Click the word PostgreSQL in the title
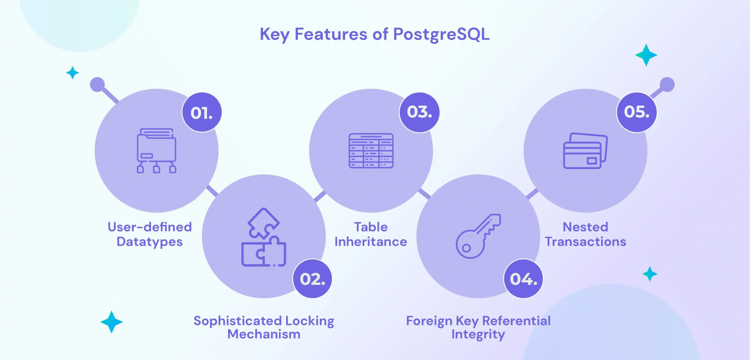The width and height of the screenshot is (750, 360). point(441,35)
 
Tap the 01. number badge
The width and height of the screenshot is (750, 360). point(202,112)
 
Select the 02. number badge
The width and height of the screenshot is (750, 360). point(312,278)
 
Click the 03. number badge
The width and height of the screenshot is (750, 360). point(419,112)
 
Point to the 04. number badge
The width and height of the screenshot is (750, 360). point(523,278)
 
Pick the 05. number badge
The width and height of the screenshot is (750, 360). point(637,112)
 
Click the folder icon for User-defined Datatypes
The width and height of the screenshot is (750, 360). point(156,151)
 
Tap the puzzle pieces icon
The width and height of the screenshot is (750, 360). point(264,237)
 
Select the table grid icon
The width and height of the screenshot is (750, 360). point(371,151)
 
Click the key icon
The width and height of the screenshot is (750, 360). point(478,236)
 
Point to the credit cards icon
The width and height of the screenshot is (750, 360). point(585,151)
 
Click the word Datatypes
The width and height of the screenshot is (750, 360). point(150,242)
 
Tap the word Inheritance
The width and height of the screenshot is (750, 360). point(371,241)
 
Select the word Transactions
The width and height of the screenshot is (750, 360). point(585,241)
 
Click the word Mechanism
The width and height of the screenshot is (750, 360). point(264,334)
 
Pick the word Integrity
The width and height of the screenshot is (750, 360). point(478,335)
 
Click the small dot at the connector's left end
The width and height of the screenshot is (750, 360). point(98,85)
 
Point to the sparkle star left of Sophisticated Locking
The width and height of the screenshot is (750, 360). point(111,322)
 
